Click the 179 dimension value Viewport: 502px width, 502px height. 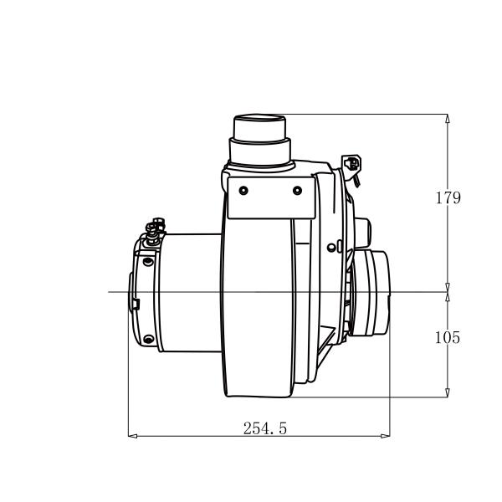[x=448, y=198]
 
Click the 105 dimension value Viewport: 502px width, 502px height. [x=448, y=337]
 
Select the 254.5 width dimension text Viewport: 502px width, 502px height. [x=265, y=428]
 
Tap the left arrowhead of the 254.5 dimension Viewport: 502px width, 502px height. [x=131, y=435]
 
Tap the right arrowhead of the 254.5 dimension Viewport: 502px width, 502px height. [x=386, y=435]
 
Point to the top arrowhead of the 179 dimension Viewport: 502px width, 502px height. [x=448, y=119]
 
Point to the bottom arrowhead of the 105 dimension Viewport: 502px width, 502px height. [x=448, y=392]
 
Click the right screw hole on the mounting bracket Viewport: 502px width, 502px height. [x=297, y=191]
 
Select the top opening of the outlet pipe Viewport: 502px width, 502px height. [x=260, y=116]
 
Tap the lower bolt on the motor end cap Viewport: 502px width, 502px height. [x=148, y=339]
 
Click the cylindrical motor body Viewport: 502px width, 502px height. [x=188, y=293]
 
